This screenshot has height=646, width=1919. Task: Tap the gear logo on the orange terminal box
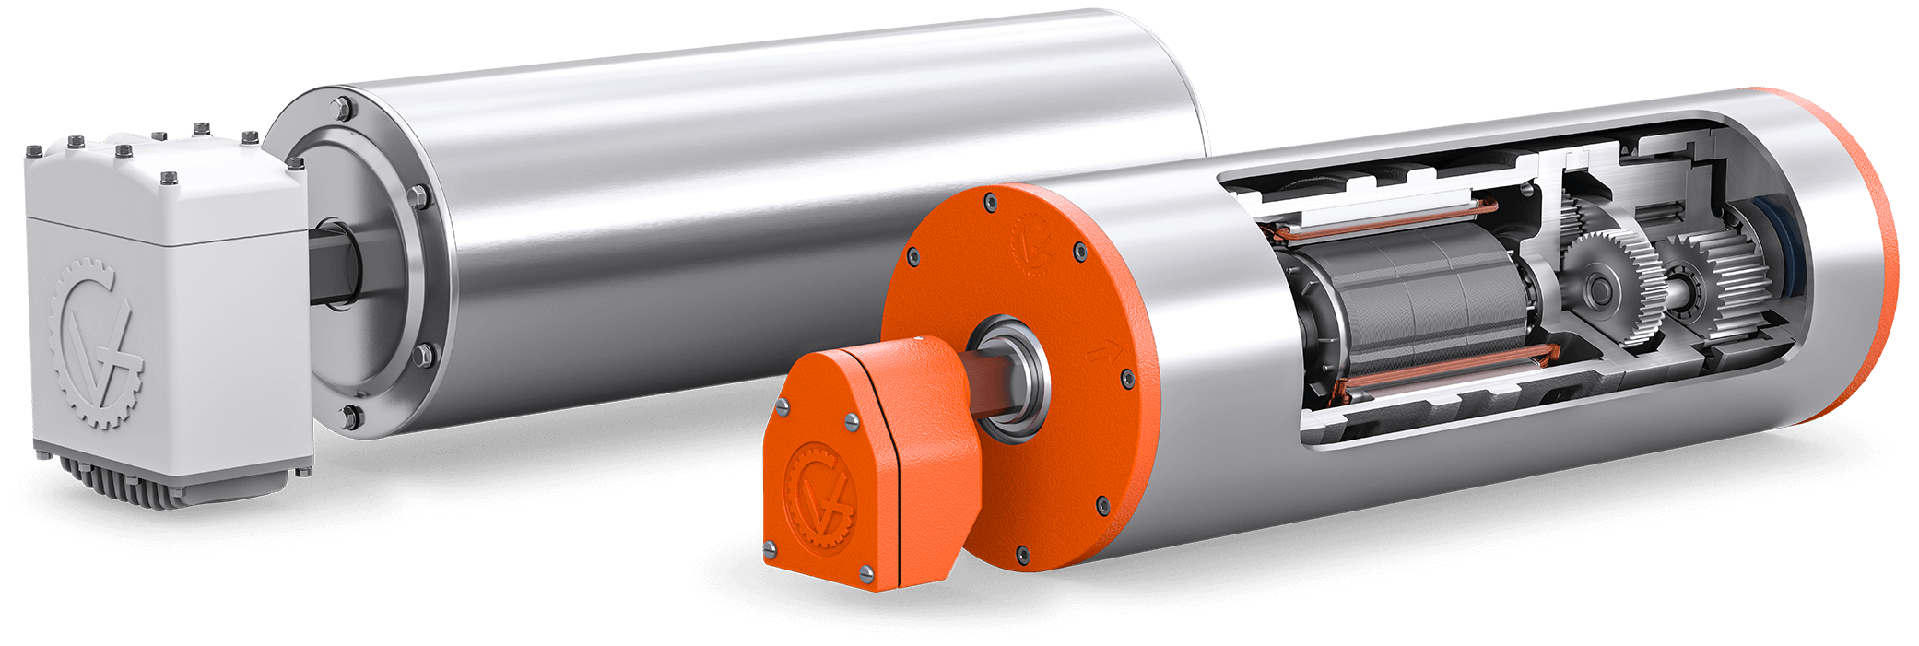coord(818,497)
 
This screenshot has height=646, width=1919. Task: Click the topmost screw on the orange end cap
coord(990,199)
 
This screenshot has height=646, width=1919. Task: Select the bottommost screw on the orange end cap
coord(1021,553)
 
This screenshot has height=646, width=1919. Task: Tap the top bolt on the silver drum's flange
coord(344,108)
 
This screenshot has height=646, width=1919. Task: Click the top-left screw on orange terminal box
coord(784,406)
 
